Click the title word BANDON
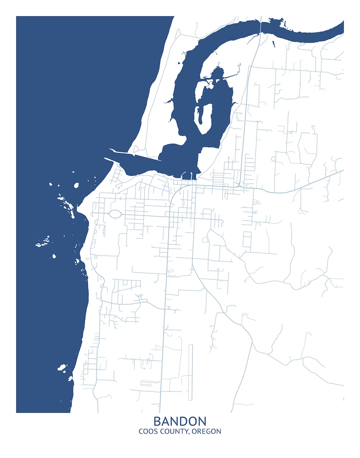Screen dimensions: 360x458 point(180,421)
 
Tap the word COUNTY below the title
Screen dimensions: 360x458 point(174,432)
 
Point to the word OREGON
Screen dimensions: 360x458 point(207,432)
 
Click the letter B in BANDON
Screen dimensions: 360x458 point(157,421)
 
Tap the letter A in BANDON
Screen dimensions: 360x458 point(166,421)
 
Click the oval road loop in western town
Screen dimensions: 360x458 point(115,213)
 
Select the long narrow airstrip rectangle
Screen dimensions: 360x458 point(190,372)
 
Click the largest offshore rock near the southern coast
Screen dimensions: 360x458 point(62,367)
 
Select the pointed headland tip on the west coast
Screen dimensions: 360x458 point(78,207)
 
